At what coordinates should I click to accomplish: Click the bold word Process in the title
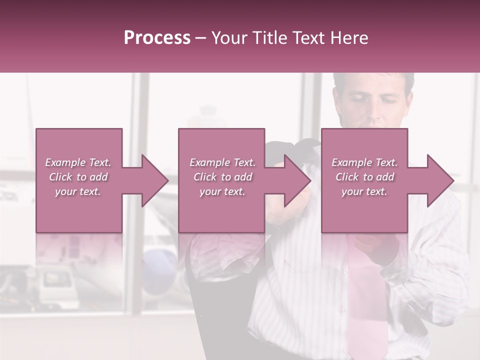tap(157, 38)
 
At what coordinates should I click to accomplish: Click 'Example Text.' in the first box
tap(78, 162)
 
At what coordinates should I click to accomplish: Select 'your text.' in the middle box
tap(222, 191)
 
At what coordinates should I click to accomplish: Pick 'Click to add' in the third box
tap(364, 177)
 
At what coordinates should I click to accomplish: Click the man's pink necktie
tap(367, 290)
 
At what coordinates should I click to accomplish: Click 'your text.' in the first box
tap(78, 191)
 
